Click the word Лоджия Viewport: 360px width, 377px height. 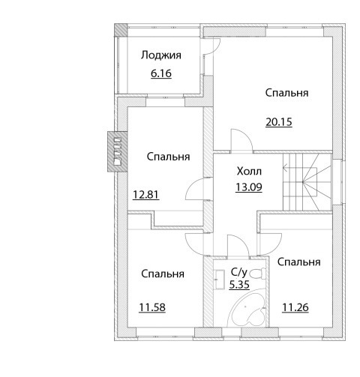(161, 55)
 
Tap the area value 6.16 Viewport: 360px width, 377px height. (161, 73)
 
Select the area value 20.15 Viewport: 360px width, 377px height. (279, 122)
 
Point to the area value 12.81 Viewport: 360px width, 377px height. (145, 194)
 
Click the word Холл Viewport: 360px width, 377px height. (249, 172)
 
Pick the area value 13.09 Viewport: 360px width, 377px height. (249, 187)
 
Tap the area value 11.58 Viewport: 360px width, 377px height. (152, 307)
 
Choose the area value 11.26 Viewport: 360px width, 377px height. (295, 307)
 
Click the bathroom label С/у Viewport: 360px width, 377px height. (239, 272)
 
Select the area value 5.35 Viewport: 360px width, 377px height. (239, 285)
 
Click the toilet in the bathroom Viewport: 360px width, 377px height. (258, 273)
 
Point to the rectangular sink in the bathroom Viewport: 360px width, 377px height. (220, 280)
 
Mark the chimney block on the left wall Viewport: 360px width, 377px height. (117, 151)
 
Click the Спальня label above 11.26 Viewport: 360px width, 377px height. (299, 262)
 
